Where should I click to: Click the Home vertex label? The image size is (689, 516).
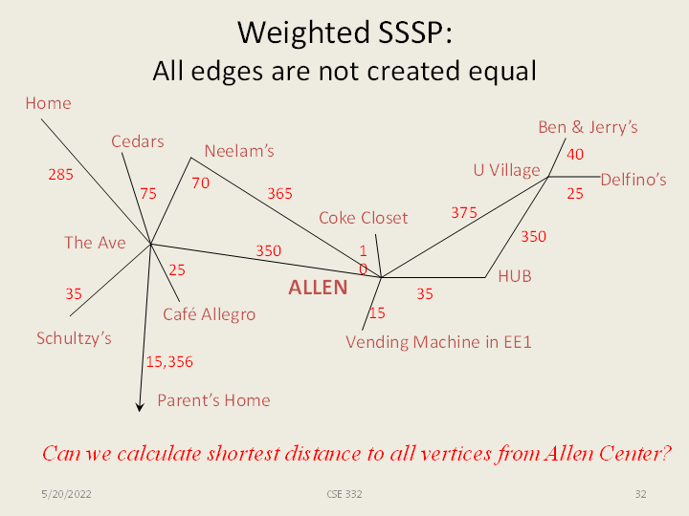tap(49, 103)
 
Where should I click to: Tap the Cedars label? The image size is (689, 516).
tap(138, 141)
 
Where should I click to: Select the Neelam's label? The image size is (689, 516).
tap(239, 151)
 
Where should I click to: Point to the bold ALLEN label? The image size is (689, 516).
tap(318, 288)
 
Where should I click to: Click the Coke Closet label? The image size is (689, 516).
tap(364, 218)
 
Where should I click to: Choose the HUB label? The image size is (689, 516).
tap(515, 276)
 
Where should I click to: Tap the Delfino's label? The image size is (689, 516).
tap(633, 180)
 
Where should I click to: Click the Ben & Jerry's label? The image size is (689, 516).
tap(588, 127)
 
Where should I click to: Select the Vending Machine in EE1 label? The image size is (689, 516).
tap(438, 342)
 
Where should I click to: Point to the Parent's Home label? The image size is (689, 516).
tap(214, 400)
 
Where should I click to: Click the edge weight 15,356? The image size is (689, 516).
tap(169, 362)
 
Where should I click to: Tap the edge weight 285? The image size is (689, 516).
tap(60, 175)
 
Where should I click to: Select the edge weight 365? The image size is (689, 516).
tap(279, 193)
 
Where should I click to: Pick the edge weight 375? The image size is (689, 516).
tap(464, 213)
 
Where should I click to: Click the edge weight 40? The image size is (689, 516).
tap(575, 155)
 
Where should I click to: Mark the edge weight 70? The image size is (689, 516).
tap(200, 183)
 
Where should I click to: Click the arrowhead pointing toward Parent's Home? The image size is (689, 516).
tap(140, 408)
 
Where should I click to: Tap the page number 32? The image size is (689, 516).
tap(640, 495)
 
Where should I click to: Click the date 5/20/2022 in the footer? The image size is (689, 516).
tap(66, 495)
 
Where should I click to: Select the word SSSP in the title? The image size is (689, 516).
tap(414, 32)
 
